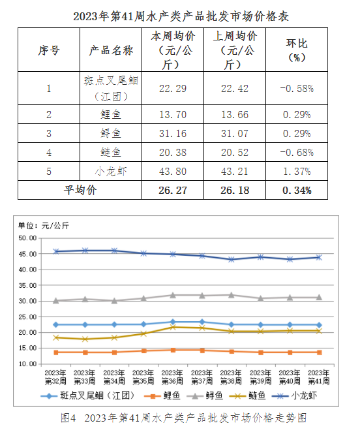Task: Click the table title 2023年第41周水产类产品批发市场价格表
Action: [181, 16]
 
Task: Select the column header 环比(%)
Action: [297, 50]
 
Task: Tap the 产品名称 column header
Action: [111, 50]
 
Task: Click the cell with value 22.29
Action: [173, 89]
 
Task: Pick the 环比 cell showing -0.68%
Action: [297, 152]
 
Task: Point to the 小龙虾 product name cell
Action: [111, 172]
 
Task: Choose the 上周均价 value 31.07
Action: [235, 133]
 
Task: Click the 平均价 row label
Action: [80, 190]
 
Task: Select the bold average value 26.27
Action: [173, 190]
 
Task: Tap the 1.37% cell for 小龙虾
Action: [297, 172]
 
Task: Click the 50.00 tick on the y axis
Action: [27, 238]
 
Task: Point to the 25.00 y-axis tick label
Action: [27, 317]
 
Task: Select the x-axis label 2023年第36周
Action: [172, 377]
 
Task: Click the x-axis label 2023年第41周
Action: [319, 377]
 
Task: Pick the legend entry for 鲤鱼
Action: [162, 395]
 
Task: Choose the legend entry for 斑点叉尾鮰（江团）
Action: [87, 395]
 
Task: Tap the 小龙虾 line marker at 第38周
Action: [231, 260]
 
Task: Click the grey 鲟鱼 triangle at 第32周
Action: [56, 301]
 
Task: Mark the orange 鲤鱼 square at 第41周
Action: [320, 352]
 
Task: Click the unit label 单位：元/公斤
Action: [44, 226]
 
